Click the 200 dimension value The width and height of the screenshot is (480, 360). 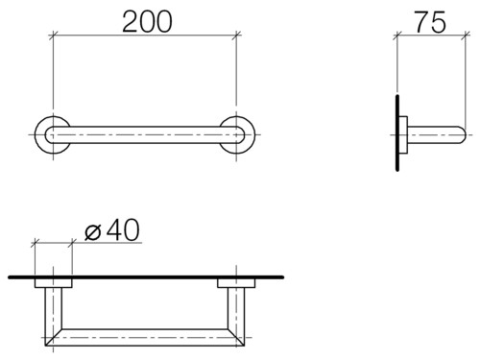(147, 22)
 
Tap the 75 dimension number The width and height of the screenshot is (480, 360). (430, 22)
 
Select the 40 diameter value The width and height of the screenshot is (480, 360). (123, 229)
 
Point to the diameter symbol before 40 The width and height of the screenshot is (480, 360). (93, 232)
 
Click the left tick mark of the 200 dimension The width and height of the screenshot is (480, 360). (53, 35)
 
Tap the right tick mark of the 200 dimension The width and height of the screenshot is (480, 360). (236, 35)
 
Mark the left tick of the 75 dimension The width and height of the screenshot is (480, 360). (397, 36)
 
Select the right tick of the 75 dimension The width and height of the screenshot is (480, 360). (466, 36)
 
